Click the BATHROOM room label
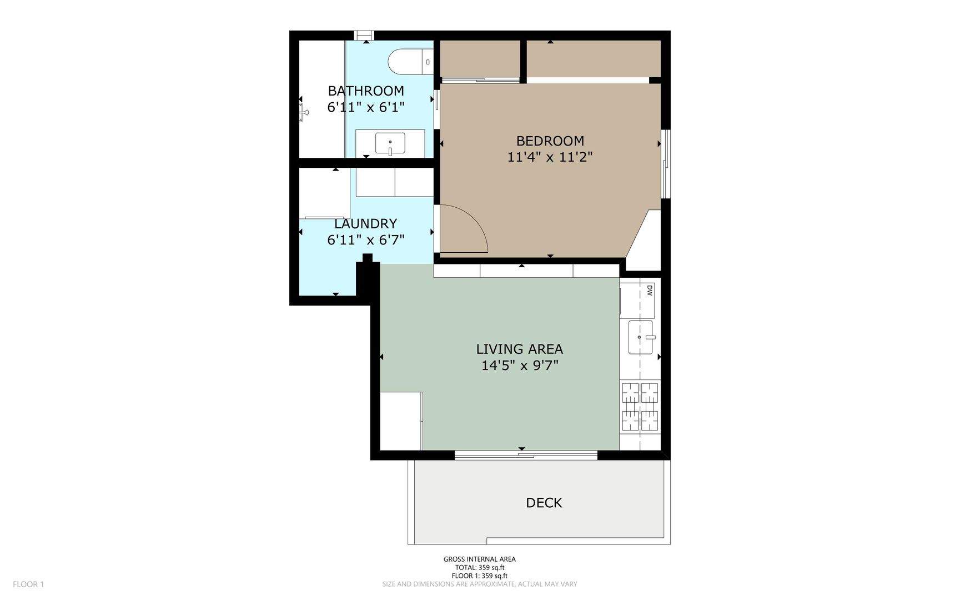(366, 91)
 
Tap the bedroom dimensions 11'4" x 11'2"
(550, 157)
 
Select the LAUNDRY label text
(365, 223)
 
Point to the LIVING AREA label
(519, 349)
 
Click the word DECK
(544, 503)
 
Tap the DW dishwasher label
(649, 290)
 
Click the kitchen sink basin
(641, 337)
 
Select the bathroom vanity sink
(390, 143)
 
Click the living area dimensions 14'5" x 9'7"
(519, 366)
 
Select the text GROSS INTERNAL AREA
(479, 559)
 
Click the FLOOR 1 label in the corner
(28, 584)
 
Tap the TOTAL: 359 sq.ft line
(480, 568)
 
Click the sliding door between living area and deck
(526, 456)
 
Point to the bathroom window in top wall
(365, 36)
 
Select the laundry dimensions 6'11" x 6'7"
(365, 240)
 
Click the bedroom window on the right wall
(666, 163)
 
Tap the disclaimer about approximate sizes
(480, 584)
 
